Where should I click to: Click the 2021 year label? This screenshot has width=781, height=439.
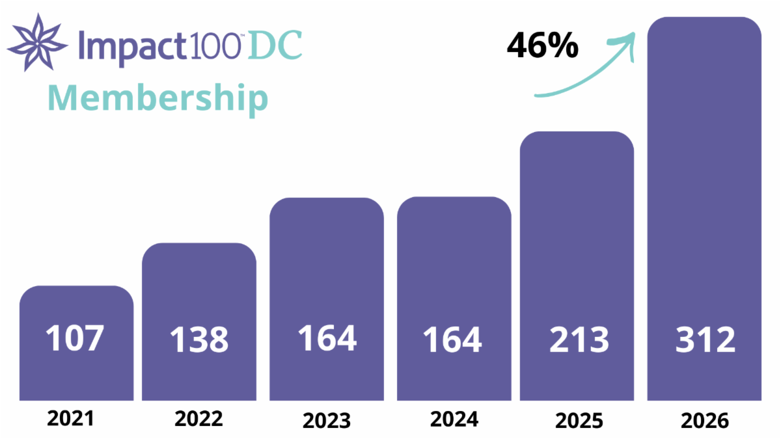[x=70, y=418]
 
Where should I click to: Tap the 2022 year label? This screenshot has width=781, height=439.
[x=199, y=418]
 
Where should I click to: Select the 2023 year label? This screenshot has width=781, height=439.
[x=326, y=420]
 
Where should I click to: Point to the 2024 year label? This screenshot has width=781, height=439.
[x=454, y=419]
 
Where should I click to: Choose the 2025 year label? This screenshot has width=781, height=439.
[x=579, y=420]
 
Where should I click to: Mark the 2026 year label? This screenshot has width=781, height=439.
[x=705, y=420]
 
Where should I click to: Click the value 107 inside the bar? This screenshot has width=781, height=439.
[x=75, y=338]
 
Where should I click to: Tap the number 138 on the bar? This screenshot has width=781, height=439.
[x=199, y=339]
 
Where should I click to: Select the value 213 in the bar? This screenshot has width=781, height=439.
[x=579, y=339]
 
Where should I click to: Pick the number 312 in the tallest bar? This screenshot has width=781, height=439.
[x=706, y=339]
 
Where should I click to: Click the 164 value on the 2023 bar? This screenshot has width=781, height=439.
[x=327, y=338]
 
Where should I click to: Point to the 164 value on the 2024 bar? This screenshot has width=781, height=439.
[x=452, y=339]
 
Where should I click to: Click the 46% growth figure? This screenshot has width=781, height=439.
[x=543, y=45]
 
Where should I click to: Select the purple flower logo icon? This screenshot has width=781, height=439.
[x=37, y=42]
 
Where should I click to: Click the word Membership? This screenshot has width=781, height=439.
[x=158, y=99]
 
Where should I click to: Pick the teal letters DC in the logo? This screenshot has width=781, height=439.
[x=275, y=46]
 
